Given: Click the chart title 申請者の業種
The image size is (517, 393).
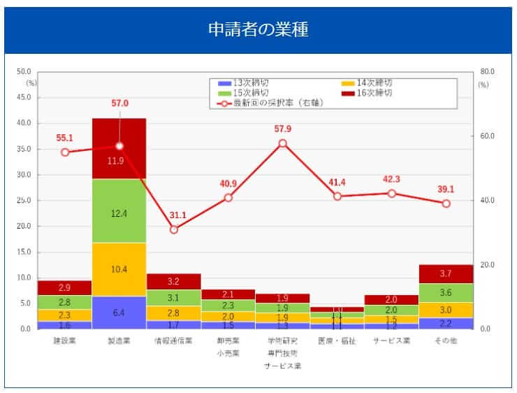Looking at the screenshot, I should point(258,30).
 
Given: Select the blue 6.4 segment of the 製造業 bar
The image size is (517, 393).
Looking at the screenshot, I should point(119,313).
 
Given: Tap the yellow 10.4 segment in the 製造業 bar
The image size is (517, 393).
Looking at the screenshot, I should point(119,269).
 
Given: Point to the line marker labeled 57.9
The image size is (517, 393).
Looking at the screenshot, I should point(283,143).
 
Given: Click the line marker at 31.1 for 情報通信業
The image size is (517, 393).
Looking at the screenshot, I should point(174,229).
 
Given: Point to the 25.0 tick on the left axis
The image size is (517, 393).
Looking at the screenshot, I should point(24,201).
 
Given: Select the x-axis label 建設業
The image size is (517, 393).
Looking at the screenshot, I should point(65,342).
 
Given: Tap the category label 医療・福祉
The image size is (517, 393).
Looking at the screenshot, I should point(337,342).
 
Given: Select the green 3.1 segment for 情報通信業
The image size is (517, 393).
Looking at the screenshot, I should point(174,299).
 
